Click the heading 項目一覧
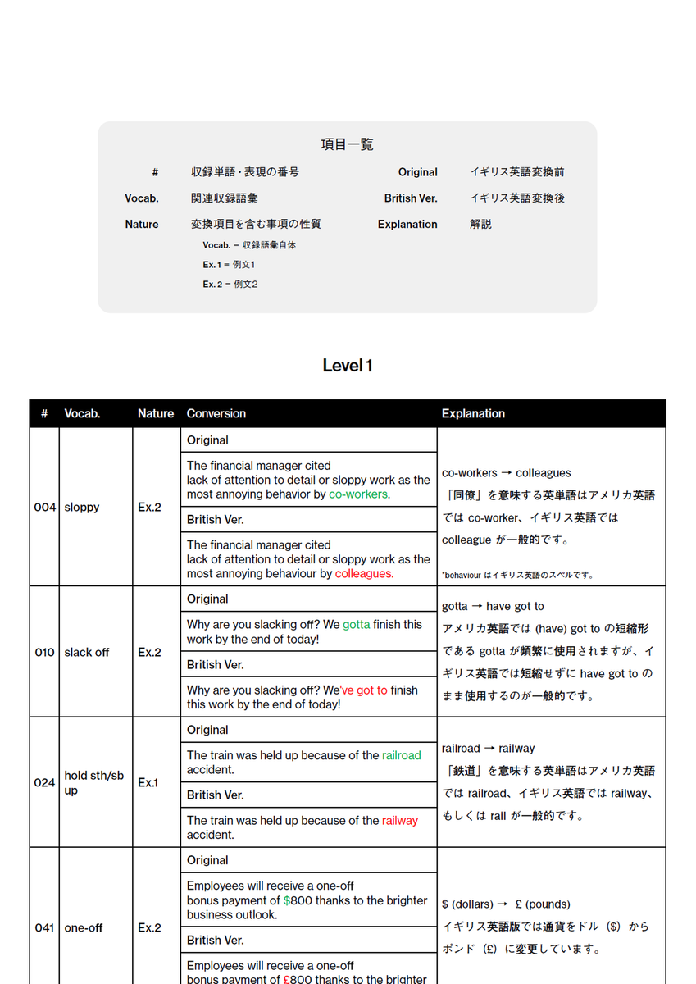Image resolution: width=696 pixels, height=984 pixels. point(347,144)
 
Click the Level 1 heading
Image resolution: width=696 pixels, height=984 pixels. point(348,366)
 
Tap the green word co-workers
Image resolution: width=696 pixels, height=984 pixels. point(358,494)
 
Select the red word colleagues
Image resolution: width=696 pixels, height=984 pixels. point(364,574)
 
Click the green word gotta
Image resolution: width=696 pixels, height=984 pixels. point(357,624)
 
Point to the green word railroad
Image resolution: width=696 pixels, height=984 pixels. point(401,755)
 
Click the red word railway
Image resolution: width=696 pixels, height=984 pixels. point(400,820)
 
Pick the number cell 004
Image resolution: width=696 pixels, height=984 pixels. point(45,508)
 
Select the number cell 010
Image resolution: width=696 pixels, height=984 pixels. point(45,653)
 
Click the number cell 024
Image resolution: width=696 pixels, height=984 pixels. point(45,782)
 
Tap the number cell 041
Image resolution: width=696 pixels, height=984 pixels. point(45,927)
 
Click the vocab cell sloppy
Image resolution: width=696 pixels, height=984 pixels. point(82,508)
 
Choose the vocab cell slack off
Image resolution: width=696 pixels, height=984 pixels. point(87,653)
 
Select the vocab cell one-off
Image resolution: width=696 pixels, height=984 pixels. point(84,927)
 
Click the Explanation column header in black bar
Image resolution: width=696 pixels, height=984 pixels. point(473,414)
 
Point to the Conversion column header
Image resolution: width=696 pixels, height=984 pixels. point(216,414)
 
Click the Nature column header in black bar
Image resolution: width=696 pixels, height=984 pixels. point(156,414)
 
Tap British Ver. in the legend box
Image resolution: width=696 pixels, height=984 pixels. point(411,198)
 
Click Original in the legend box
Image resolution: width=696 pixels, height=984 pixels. point(418,172)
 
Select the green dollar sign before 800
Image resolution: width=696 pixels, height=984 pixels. point(287,900)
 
